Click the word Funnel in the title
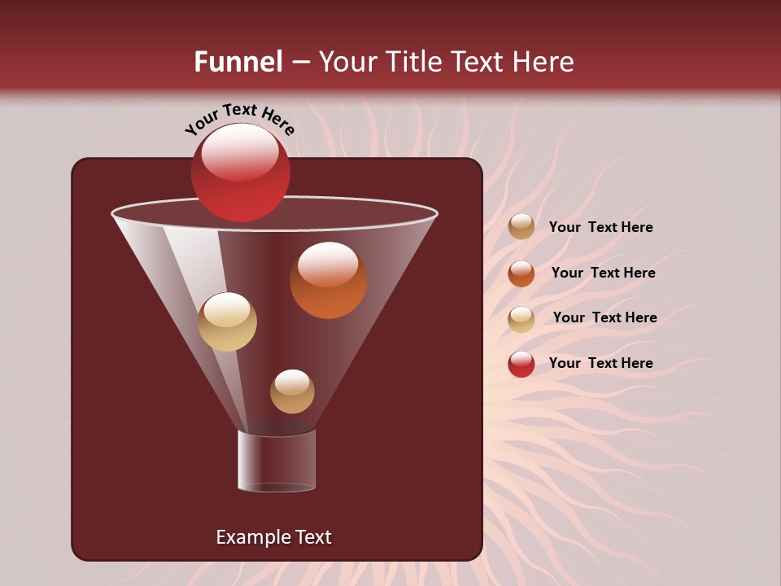[x=238, y=62]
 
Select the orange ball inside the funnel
[x=328, y=281]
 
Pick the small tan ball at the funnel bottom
[x=292, y=391]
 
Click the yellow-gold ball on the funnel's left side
[x=227, y=321]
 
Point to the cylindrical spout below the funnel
[x=277, y=461]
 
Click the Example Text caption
[x=273, y=537]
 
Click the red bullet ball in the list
[x=521, y=364]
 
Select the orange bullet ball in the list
[x=521, y=273]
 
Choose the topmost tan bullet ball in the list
[x=521, y=227]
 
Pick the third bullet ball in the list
[x=521, y=318]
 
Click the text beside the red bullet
[x=600, y=363]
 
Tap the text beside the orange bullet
[x=603, y=273]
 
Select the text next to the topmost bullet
[x=600, y=227]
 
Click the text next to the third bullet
[x=604, y=317]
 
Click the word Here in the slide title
[x=543, y=62]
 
